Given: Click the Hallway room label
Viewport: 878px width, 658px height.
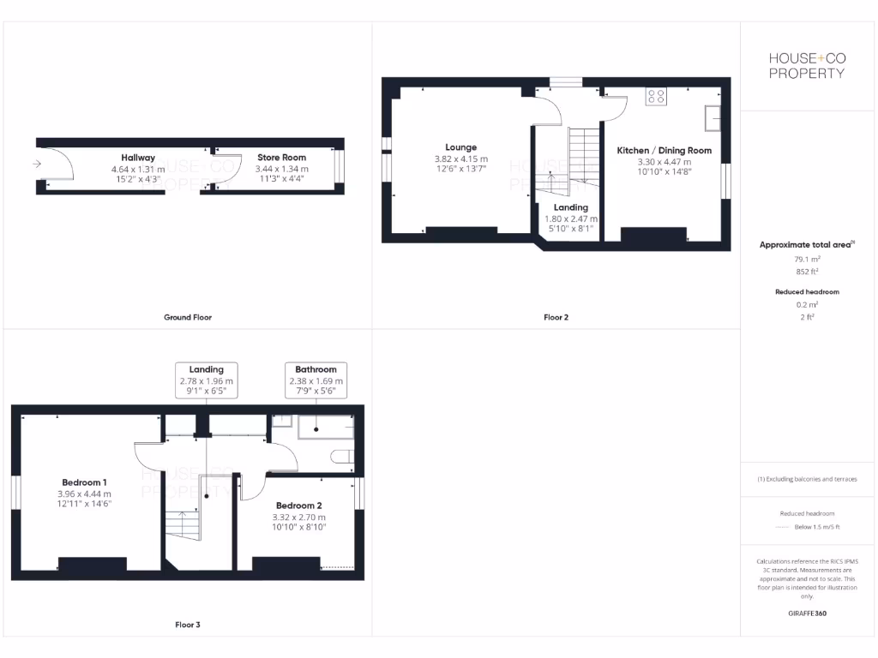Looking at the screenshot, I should [138, 158].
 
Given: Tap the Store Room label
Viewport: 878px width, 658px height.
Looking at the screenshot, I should [281, 158].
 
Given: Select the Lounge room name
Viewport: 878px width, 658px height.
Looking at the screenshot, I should [460, 147].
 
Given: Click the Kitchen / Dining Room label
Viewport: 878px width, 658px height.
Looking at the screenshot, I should [665, 151].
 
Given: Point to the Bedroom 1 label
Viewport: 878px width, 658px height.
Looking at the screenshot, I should [84, 482].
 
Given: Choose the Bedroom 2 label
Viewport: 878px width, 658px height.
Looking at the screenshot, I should [299, 505].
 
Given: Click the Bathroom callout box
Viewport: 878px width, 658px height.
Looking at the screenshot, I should [316, 380].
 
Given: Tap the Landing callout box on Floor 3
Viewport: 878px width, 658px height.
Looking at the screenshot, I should [207, 380].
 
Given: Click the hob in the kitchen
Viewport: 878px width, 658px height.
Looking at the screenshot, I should [657, 96].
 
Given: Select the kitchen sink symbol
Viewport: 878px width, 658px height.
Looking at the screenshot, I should [713, 118].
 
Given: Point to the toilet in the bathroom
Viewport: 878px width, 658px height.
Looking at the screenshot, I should [342, 458].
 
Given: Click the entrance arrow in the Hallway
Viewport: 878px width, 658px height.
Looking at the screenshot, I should [36, 163].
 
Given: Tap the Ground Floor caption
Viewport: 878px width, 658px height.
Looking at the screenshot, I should [188, 317].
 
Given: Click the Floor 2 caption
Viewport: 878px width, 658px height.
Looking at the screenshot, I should [556, 317].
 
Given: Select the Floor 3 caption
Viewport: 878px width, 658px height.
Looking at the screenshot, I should [188, 625].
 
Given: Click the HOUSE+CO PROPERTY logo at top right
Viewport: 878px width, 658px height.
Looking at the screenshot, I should [807, 65].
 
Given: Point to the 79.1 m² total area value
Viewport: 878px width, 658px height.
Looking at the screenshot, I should [807, 258].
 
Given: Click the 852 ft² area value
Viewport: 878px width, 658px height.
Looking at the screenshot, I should [807, 271].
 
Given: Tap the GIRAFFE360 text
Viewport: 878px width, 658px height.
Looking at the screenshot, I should [807, 613].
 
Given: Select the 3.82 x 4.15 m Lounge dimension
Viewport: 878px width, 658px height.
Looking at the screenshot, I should [460, 159].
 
